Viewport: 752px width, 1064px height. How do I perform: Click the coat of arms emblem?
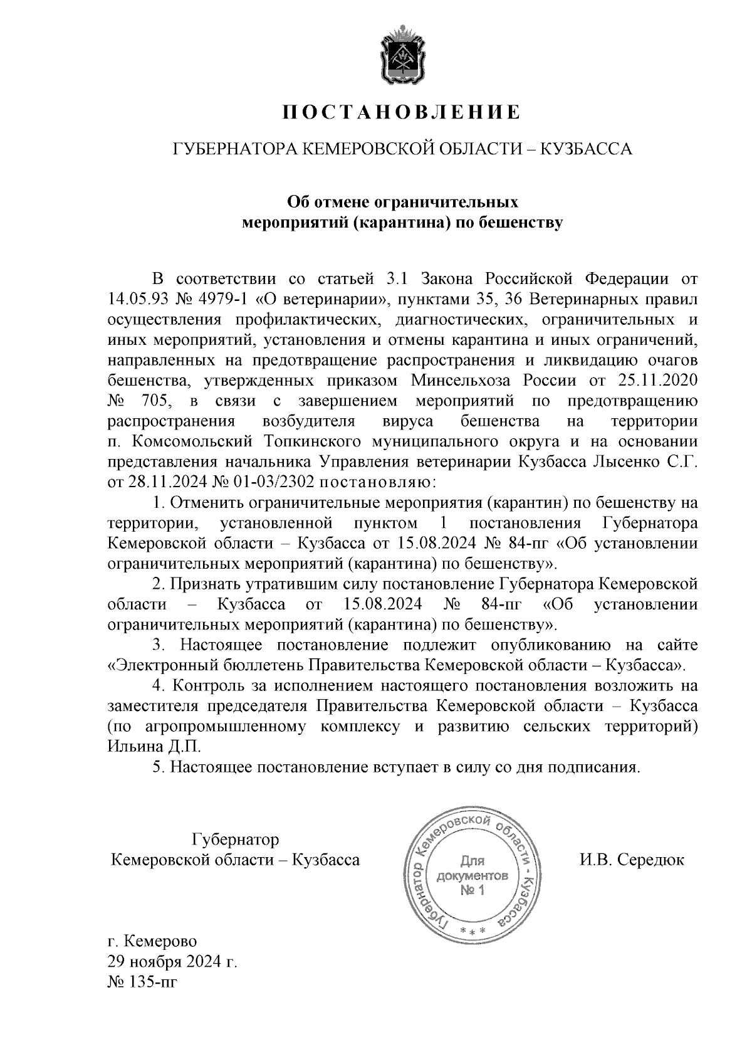[x=400, y=55]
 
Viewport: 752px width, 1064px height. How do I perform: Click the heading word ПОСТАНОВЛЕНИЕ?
[x=400, y=112]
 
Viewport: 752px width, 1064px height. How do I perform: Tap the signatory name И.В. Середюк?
[x=632, y=860]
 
